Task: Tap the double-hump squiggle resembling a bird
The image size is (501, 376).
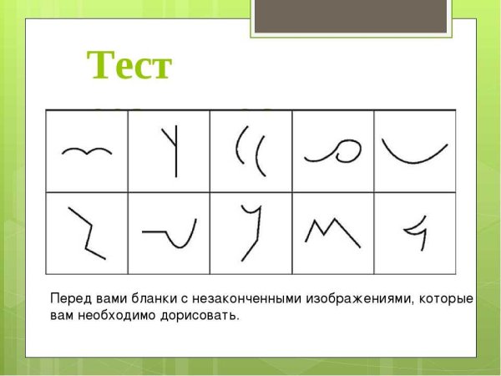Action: pyautogui.click(x=87, y=151)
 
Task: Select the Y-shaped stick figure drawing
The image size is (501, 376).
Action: pyautogui.click(x=174, y=151)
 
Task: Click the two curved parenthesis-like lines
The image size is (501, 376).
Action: pyautogui.click(x=250, y=151)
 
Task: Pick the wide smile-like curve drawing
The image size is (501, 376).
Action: pyautogui.click(x=413, y=151)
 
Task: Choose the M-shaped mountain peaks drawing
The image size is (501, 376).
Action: pyautogui.click(x=331, y=231)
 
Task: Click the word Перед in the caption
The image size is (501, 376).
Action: pyautogui.click(x=68, y=299)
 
